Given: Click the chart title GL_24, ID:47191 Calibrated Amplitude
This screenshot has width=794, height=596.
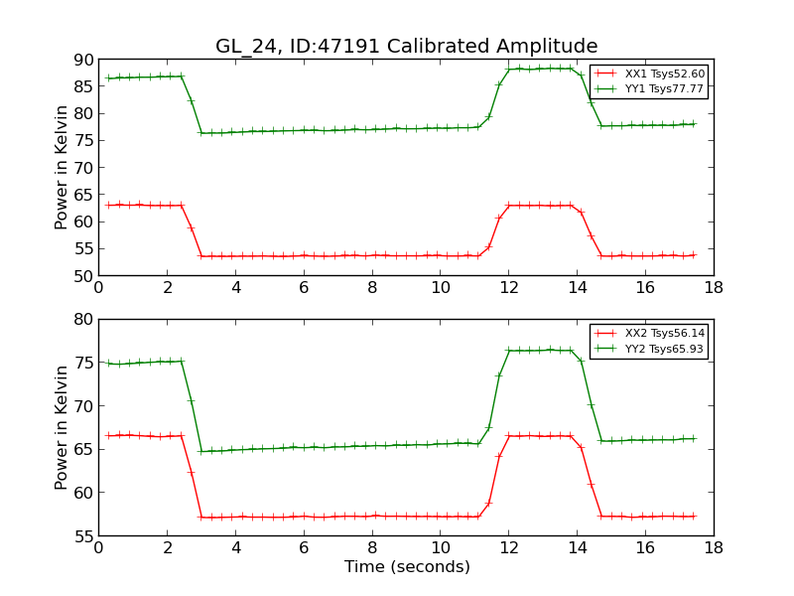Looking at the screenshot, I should tap(406, 47).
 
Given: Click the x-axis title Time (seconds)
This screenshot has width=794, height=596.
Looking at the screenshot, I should tap(407, 567).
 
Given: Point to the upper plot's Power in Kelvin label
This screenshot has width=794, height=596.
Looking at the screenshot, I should tap(62, 167).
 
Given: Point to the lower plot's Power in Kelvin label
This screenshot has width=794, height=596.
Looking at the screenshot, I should tap(62, 427).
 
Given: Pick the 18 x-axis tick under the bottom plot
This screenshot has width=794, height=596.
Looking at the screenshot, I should tap(713, 547).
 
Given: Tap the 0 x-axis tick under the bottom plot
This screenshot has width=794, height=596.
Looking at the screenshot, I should tap(98, 547).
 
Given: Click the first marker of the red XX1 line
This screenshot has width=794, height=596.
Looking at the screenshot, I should tap(108, 206).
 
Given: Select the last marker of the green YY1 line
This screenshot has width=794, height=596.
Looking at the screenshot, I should tap(693, 124).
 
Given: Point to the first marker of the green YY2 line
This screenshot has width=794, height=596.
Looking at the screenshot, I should tap(108, 364).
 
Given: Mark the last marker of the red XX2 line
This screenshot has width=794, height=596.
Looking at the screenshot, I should tap(693, 516).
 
